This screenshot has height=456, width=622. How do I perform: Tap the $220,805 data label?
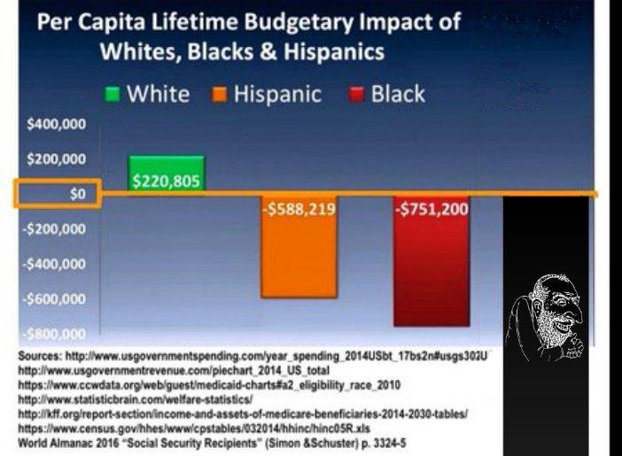pos(167,182)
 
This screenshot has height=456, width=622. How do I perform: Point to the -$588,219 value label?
pos(299,212)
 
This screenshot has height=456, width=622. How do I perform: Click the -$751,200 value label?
pos(432,212)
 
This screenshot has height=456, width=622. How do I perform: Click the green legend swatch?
pos(113,95)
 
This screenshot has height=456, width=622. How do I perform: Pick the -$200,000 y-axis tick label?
pos(53,229)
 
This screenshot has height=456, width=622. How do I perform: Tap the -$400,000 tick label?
pos(53,264)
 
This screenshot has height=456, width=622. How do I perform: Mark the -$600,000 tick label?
pos(53,299)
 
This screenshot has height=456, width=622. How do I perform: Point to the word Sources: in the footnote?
pos(42,354)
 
